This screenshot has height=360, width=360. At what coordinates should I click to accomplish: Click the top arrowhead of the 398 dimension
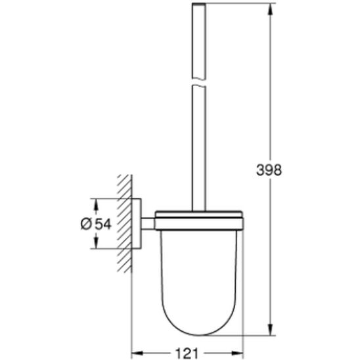click(x=270, y=9)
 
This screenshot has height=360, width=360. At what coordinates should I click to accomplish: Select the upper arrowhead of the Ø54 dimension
click(x=96, y=202)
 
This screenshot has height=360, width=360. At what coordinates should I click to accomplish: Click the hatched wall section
click(x=125, y=223)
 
